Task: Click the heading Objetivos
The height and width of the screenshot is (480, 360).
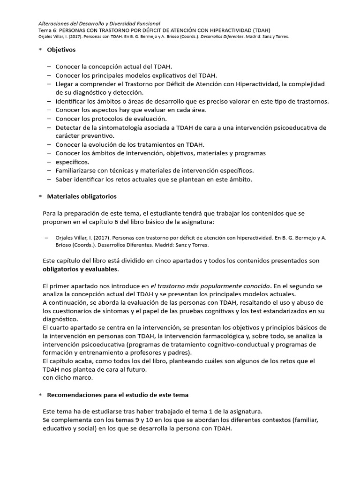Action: click(x=61, y=49)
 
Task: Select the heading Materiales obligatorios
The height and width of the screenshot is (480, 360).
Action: click(x=82, y=196)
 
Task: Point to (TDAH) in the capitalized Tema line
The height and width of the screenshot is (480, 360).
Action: click(x=259, y=30)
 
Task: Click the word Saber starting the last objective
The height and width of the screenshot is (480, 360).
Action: click(x=64, y=179)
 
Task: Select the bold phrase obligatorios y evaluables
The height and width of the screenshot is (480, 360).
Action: click(x=81, y=269)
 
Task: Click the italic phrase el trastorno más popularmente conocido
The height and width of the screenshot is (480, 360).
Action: click(x=210, y=285)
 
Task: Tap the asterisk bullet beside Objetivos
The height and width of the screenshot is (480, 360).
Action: click(x=40, y=50)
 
